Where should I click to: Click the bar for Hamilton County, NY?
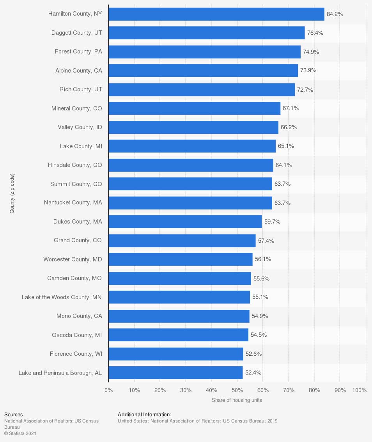[216, 14]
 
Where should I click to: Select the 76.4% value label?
[315, 33]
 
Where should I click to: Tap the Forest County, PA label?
[78, 51]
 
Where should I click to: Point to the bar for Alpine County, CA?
[203, 71]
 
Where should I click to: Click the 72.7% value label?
[305, 90]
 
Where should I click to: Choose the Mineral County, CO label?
[76, 108]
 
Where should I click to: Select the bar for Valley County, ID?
[193, 127]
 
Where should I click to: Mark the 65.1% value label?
[286, 146]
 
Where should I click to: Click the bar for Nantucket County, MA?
[190, 203]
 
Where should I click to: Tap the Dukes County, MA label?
[78, 222]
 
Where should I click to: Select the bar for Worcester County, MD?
[181, 259]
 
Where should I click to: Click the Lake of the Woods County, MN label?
[62, 297]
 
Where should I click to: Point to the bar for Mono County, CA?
[179, 316]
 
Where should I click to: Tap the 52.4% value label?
[253, 373]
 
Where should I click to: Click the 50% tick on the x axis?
[237, 390]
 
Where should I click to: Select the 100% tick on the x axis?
[359, 390]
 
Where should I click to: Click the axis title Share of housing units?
[237, 400]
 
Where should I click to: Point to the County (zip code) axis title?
[12, 193]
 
